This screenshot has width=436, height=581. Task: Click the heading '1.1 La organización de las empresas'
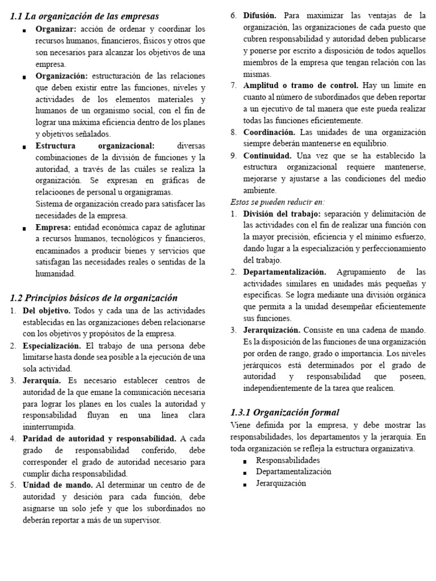[x=85, y=16]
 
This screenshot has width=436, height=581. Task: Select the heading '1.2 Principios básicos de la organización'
[x=94, y=298]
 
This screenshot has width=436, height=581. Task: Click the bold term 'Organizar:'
[x=56, y=29]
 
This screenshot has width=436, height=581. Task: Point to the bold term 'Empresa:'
[x=53, y=227]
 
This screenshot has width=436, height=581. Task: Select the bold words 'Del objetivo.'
[x=47, y=311]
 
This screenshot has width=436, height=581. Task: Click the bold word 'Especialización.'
[x=53, y=346]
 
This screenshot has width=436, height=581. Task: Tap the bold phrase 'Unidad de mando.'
[x=58, y=485]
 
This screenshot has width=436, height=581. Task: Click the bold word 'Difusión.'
[x=260, y=15]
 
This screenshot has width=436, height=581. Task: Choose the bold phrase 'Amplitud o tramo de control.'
[x=301, y=86]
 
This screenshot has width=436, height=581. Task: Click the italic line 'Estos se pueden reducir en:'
[x=278, y=202]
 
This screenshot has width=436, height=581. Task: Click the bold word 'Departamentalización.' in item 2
[x=285, y=272]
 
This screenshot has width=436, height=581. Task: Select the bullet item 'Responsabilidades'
[x=288, y=460]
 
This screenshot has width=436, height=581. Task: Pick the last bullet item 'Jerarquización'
[x=281, y=483]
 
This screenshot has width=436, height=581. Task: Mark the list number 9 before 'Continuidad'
[x=233, y=155]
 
